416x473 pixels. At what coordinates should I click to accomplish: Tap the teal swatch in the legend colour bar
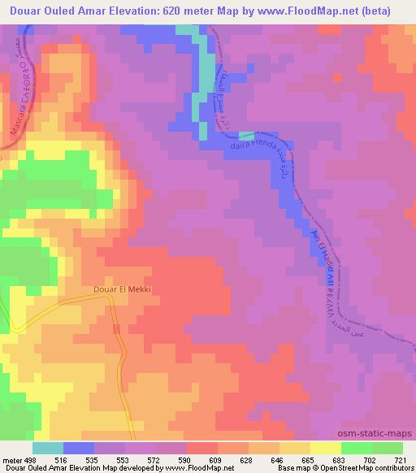48,448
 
